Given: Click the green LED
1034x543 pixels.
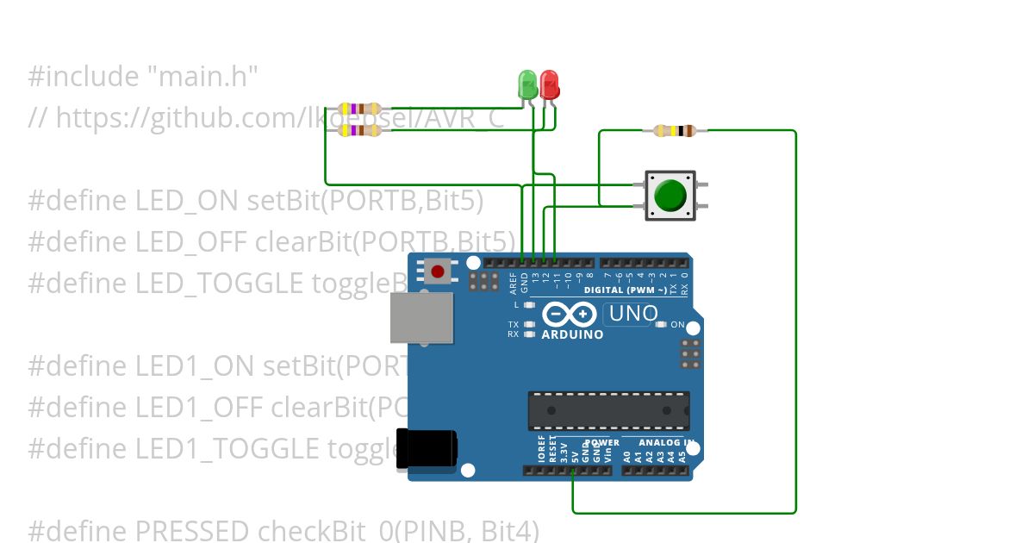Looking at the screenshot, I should tap(527, 84).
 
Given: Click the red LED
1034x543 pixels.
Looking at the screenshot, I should tap(549, 84).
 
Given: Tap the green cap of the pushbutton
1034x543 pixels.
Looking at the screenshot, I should tap(670, 195).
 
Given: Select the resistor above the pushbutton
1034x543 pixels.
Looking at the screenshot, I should tap(675, 131).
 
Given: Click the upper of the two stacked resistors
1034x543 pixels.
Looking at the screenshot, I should tap(360, 109).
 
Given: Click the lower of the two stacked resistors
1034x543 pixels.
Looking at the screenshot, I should tap(360, 130).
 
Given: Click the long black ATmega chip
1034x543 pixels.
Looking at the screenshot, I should tap(608, 410).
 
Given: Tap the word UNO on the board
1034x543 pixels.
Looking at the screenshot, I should tap(633, 315).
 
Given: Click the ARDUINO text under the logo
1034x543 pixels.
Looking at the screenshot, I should tap(572, 334).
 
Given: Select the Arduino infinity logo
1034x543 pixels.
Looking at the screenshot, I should tap(571, 315).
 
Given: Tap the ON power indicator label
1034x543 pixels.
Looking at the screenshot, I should tap(677, 325).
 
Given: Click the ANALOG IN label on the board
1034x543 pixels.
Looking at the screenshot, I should tap(665, 442).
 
